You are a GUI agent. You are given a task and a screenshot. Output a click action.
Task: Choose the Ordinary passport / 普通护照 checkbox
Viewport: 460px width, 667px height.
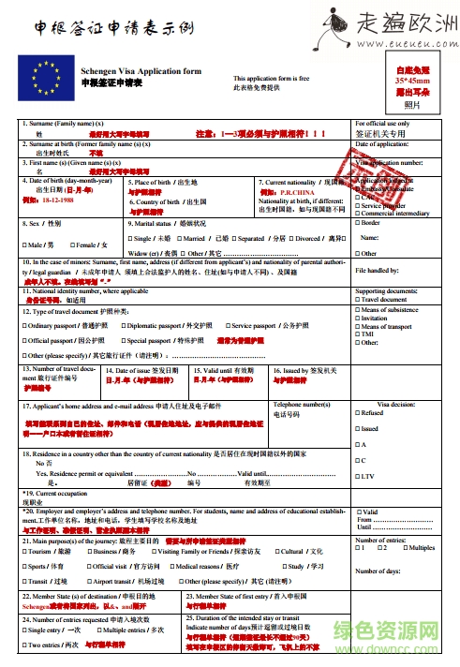(x=25, y=324)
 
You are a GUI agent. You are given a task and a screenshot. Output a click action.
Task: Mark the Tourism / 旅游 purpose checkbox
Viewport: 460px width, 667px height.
(x=25, y=551)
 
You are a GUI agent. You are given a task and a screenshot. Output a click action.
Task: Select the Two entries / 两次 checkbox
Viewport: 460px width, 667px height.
(x=25, y=645)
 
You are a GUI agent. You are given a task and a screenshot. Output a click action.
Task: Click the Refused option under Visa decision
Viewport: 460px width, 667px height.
(x=360, y=412)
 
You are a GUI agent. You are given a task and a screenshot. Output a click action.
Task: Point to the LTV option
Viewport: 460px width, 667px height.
(x=360, y=476)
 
